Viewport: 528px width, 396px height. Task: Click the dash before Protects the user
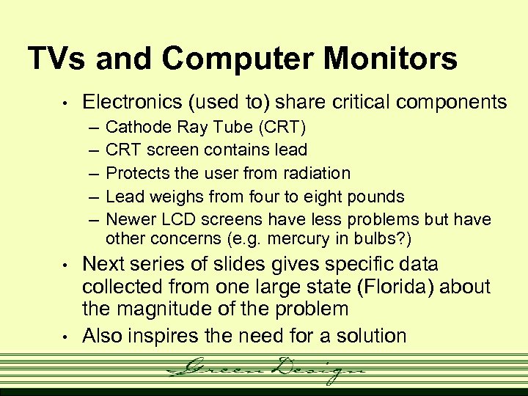pyautogui.click(x=94, y=174)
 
